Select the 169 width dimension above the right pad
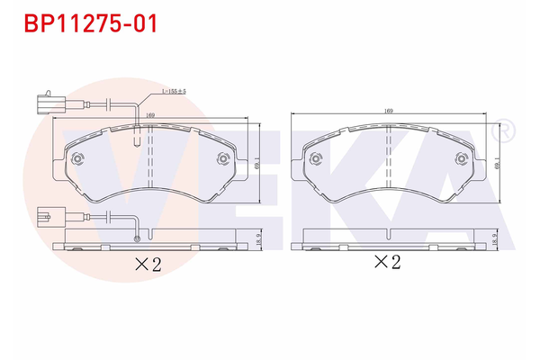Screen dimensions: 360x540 point(389,111)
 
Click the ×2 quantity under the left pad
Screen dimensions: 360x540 point(147,265)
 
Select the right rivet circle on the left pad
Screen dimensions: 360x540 point(224,160)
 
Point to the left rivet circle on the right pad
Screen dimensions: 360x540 point(315,158)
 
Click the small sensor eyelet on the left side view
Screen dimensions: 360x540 point(136,238)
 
